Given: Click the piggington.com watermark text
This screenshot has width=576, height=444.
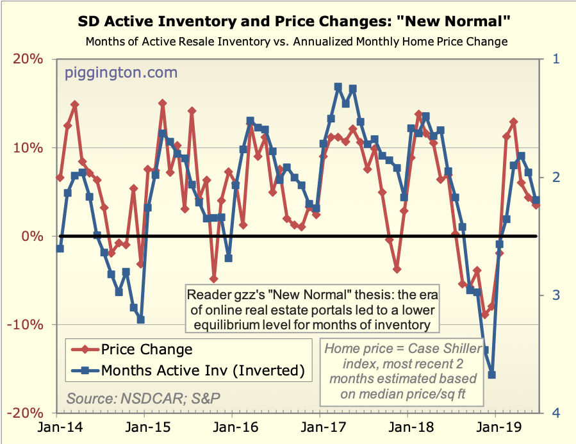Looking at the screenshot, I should pos(121,72).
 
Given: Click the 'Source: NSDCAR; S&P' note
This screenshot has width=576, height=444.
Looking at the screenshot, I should pos(144,398).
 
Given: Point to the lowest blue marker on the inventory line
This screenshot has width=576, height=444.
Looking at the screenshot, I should pos(492,375).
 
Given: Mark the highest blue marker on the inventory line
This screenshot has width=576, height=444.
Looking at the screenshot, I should pos(338,86).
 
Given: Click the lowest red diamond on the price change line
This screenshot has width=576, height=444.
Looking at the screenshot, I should pos(485,314).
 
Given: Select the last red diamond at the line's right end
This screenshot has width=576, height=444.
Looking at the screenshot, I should pos(536,204).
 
